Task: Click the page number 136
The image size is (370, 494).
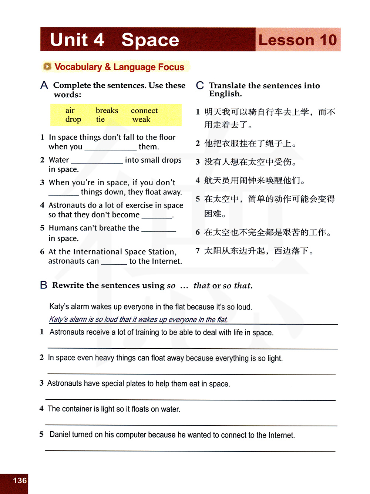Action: pos(20,481)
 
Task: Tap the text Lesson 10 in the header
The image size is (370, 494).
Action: pos(297,40)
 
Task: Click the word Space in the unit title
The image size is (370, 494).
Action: pos(150,40)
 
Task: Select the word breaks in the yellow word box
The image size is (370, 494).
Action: pos(107,111)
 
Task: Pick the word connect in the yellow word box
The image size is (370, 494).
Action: pos(144,111)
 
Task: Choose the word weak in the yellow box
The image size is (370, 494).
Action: pos(141,119)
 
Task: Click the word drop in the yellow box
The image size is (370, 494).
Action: pos(73,119)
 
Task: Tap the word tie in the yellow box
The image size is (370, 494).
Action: pos(100,119)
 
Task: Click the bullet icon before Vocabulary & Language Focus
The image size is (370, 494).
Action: pos(47,67)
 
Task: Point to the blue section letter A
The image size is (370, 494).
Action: pos(44,85)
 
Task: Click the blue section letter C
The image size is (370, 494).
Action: pos(200,85)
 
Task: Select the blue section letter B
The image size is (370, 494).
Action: pos(44,285)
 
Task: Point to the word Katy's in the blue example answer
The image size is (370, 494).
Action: pos(58,319)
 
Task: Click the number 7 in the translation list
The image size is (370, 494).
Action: pos(198,251)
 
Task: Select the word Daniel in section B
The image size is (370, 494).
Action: pos(60,435)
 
